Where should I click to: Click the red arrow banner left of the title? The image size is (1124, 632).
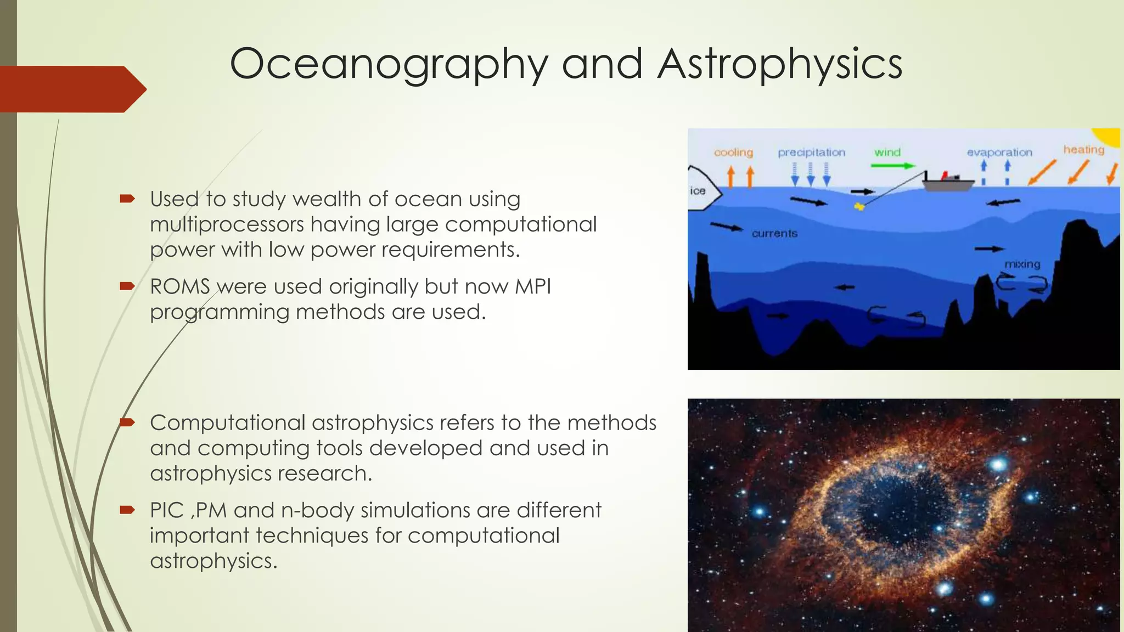[71, 89]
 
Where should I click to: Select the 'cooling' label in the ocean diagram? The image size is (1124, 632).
[733, 153]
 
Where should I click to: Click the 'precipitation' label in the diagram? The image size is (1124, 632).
[811, 153]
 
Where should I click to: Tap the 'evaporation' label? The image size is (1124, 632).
[999, 153]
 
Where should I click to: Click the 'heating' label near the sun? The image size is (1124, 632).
[1083, 150]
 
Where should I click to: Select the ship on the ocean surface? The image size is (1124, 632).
[947, 182]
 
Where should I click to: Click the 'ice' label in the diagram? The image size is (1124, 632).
[698, 191]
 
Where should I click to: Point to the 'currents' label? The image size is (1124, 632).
[774, 234]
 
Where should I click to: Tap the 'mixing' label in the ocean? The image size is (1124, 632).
[1022, 264]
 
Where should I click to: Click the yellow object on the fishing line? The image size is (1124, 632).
[859, 207]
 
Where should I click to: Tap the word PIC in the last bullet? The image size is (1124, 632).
[166, 511]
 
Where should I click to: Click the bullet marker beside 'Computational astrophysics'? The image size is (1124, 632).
[127, 422]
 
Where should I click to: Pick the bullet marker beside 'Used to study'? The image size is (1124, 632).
[127, 198]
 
